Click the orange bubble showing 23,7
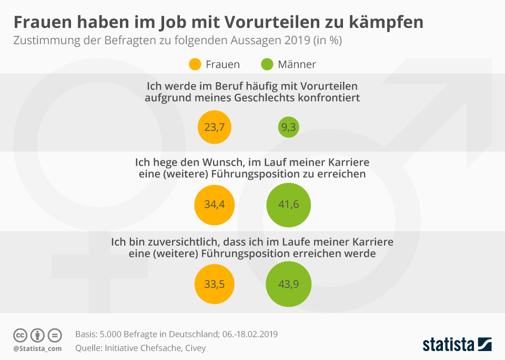[x=215, y=127]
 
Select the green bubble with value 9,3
[x=288, y=127]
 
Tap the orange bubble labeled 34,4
[x=215, y=204]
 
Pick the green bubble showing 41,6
[x=288, y=204]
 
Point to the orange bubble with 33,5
[x=215, y=284]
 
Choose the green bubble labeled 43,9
[x=288, y=284]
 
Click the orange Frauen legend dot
[x=195, y=64]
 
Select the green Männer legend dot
[x=267, y=64]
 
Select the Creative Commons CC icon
[x=20, y=335]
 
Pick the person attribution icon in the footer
[x=37, y=335]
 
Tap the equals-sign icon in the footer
[x=55, y=335]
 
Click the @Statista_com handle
[x=37, y=348]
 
